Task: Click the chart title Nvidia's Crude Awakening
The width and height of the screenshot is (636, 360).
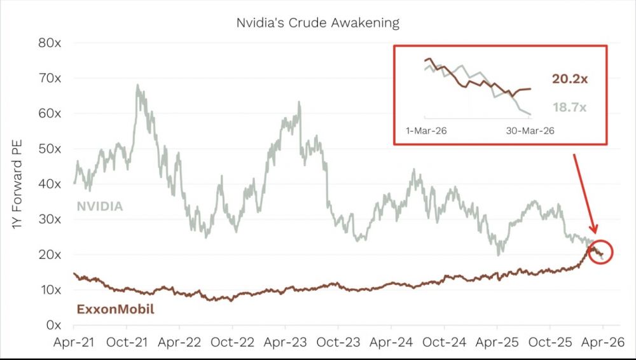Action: [317, 24]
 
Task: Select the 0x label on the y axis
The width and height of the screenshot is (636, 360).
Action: [52, 325]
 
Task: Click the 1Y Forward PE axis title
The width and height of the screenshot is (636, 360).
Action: [18, 184]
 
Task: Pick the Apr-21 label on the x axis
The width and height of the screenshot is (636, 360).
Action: [75, 342]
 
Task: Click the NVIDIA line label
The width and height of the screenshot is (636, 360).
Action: [100, 206]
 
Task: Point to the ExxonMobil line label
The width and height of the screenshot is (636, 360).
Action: [115, 310]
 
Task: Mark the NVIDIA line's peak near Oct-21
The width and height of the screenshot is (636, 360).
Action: [138, 85]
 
